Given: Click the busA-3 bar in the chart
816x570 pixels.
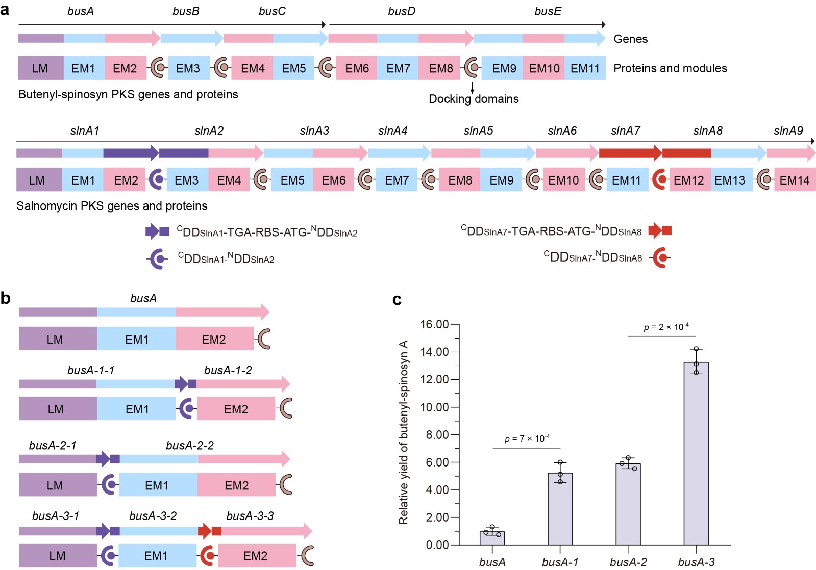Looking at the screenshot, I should pyautogui.click(x=696, y=453).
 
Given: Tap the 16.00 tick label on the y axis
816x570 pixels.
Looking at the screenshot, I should pyautogui.click(x=434, y=325).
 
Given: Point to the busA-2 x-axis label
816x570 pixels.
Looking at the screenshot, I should pyautogui.click(x=628, y=562).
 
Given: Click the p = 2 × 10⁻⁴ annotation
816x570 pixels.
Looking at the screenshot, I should pyautogui.click(x=666, y=327).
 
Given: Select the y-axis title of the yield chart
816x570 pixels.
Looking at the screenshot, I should pyautogui.click(x=404, y=432).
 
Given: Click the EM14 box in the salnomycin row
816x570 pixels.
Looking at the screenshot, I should pyautogui.click(x=794, y=180).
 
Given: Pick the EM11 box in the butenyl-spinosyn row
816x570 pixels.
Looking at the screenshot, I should pyautogui.click(x=585, y=68).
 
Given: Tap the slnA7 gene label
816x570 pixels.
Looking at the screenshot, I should pyautogui.click(x=625, y=131).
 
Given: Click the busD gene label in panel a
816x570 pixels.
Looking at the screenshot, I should pyautogui.click(x=402, y=11).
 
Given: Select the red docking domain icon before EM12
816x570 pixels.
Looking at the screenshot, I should pyautogui.click(x=660, y=179).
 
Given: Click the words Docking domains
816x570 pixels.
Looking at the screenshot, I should pyautogui.click(x=474, y=99).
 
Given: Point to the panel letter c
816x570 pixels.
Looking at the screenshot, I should pyautogui.click(x=397, y=300).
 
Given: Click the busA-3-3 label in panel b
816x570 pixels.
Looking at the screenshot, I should pyautogui.click(x=250, y=516).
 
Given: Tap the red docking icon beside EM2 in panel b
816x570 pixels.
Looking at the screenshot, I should pyautogui.click(x=207, y=555).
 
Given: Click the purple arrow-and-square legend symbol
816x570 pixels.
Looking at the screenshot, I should pyautogui.click(x=157, y=231).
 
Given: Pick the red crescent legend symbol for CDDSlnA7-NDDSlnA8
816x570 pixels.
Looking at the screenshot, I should pyautogui.click(x=661, y=257).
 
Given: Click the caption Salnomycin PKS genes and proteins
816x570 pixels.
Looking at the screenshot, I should pyautogui.click(x=112, y=206).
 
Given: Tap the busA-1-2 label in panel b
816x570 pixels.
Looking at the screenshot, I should pyautogui.click(x=228, y=370).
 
